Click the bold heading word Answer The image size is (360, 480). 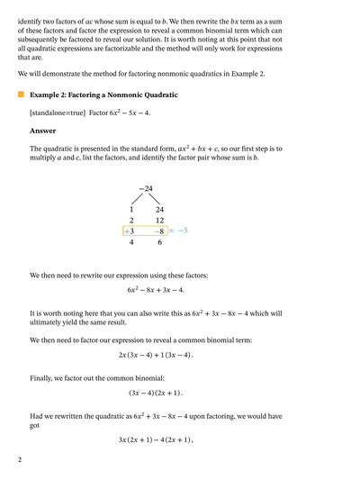[42, 130]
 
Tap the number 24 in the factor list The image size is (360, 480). [159, 209]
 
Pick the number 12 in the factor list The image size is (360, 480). [159, 220]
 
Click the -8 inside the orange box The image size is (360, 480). [158, 231]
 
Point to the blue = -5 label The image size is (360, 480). [178, 231]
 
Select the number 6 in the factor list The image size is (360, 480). [160, 242]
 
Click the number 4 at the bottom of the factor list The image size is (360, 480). [131, 242]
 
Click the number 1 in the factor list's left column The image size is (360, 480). [131, 209]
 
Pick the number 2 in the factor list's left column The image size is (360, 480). [131, 220]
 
